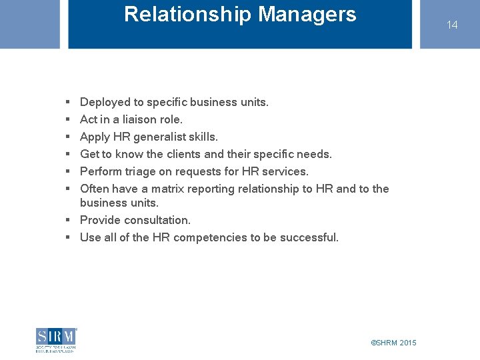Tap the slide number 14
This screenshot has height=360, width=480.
(x=452, y=25)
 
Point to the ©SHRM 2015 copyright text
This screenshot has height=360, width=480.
(x=393, y=343)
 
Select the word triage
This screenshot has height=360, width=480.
(x=140, y=172)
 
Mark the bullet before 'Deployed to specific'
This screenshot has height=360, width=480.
(x=69, y=103)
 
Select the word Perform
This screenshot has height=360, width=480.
(x=100, y=172)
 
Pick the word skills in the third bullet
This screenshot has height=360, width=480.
(x=203, y=137)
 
